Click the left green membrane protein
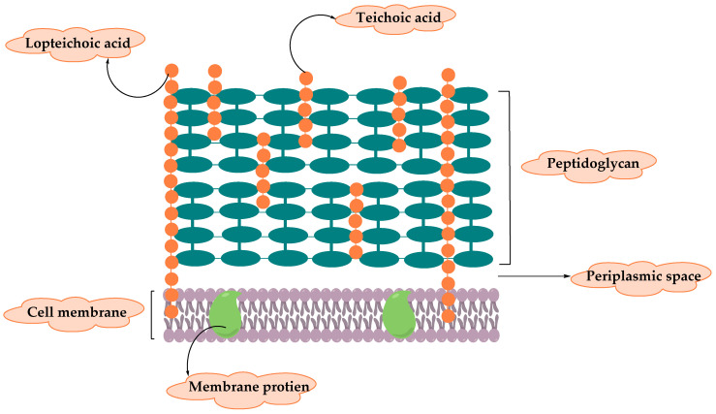(x=225, y=314)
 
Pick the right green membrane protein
(x=399, y=314)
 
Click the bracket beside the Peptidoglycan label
(x=507, y=176)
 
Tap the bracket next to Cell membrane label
(x=152, y=314)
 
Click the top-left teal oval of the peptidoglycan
(x=191, y=96)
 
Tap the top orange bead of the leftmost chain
(x=171, y=70)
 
